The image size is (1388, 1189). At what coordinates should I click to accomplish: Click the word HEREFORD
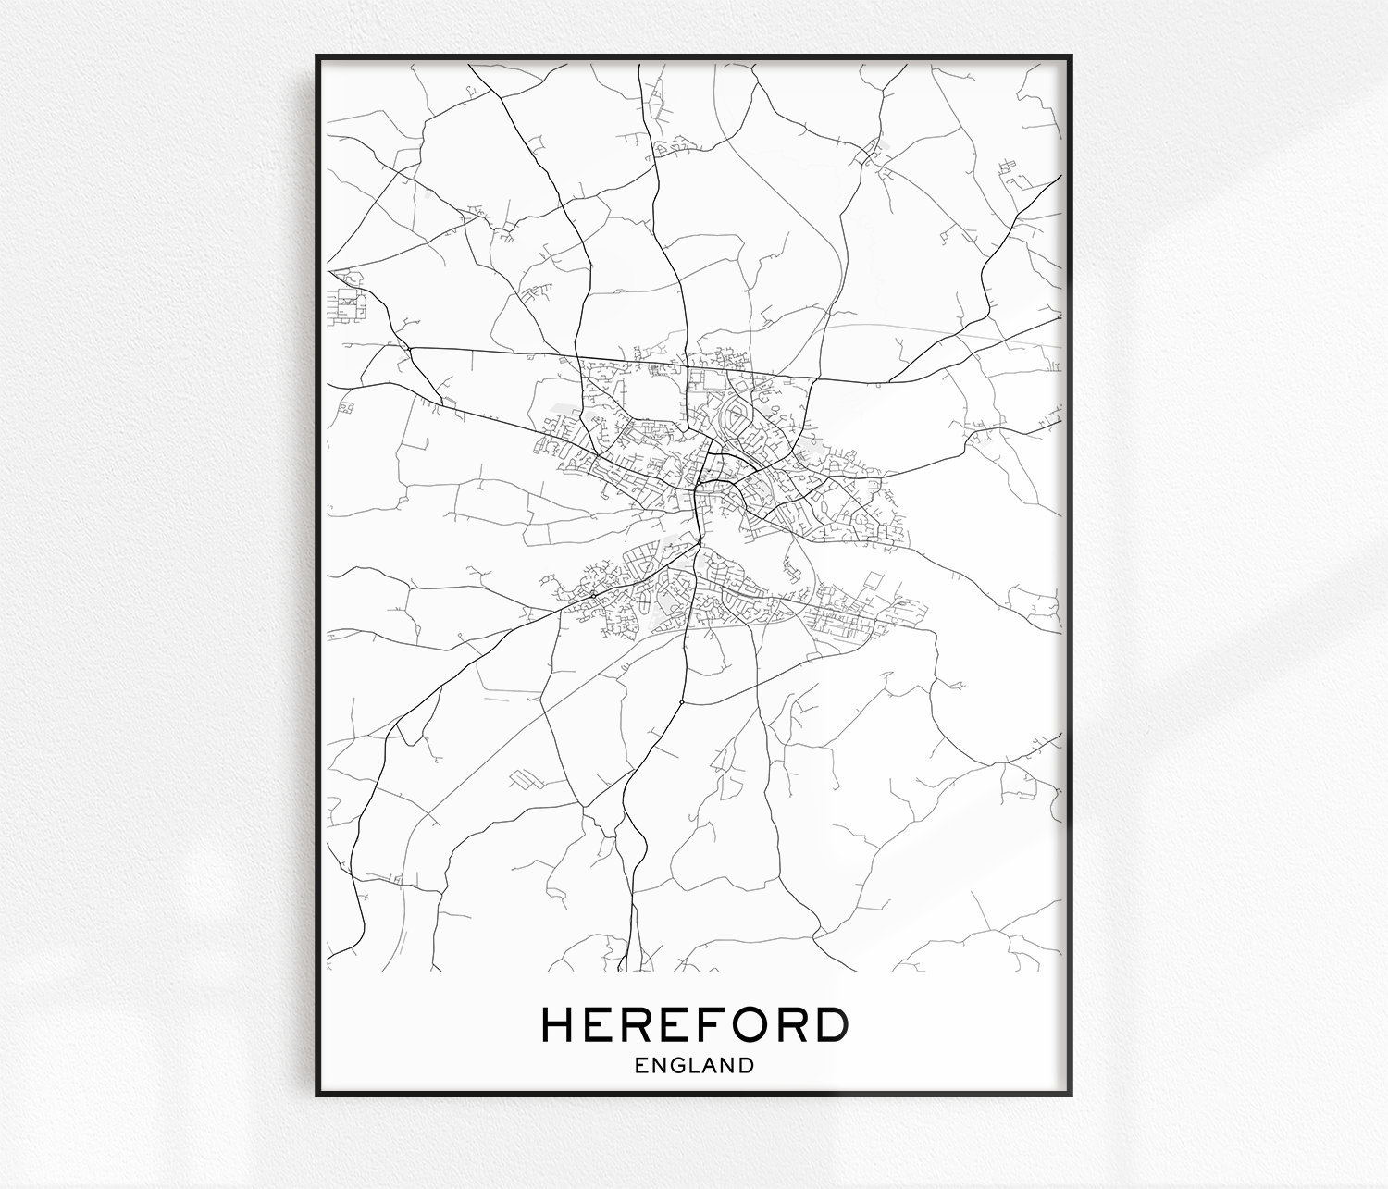pos(694,1024)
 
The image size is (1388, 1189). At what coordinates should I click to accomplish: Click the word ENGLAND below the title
pos(694,1065)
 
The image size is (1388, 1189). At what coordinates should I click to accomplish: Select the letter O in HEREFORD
pos(746,1024)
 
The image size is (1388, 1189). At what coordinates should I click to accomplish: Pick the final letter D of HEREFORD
pos(829,1024)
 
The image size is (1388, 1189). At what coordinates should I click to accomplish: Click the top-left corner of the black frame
pos(317,56)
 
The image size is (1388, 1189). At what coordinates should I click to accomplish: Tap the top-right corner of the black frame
pos(1071,56)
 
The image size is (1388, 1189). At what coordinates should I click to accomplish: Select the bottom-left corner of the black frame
pos(317,1095)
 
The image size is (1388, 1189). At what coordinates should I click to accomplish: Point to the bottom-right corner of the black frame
pos(1071,1095)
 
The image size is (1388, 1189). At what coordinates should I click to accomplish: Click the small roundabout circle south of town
pos(681,703)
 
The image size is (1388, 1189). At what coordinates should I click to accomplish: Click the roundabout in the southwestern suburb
pos(592,593)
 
